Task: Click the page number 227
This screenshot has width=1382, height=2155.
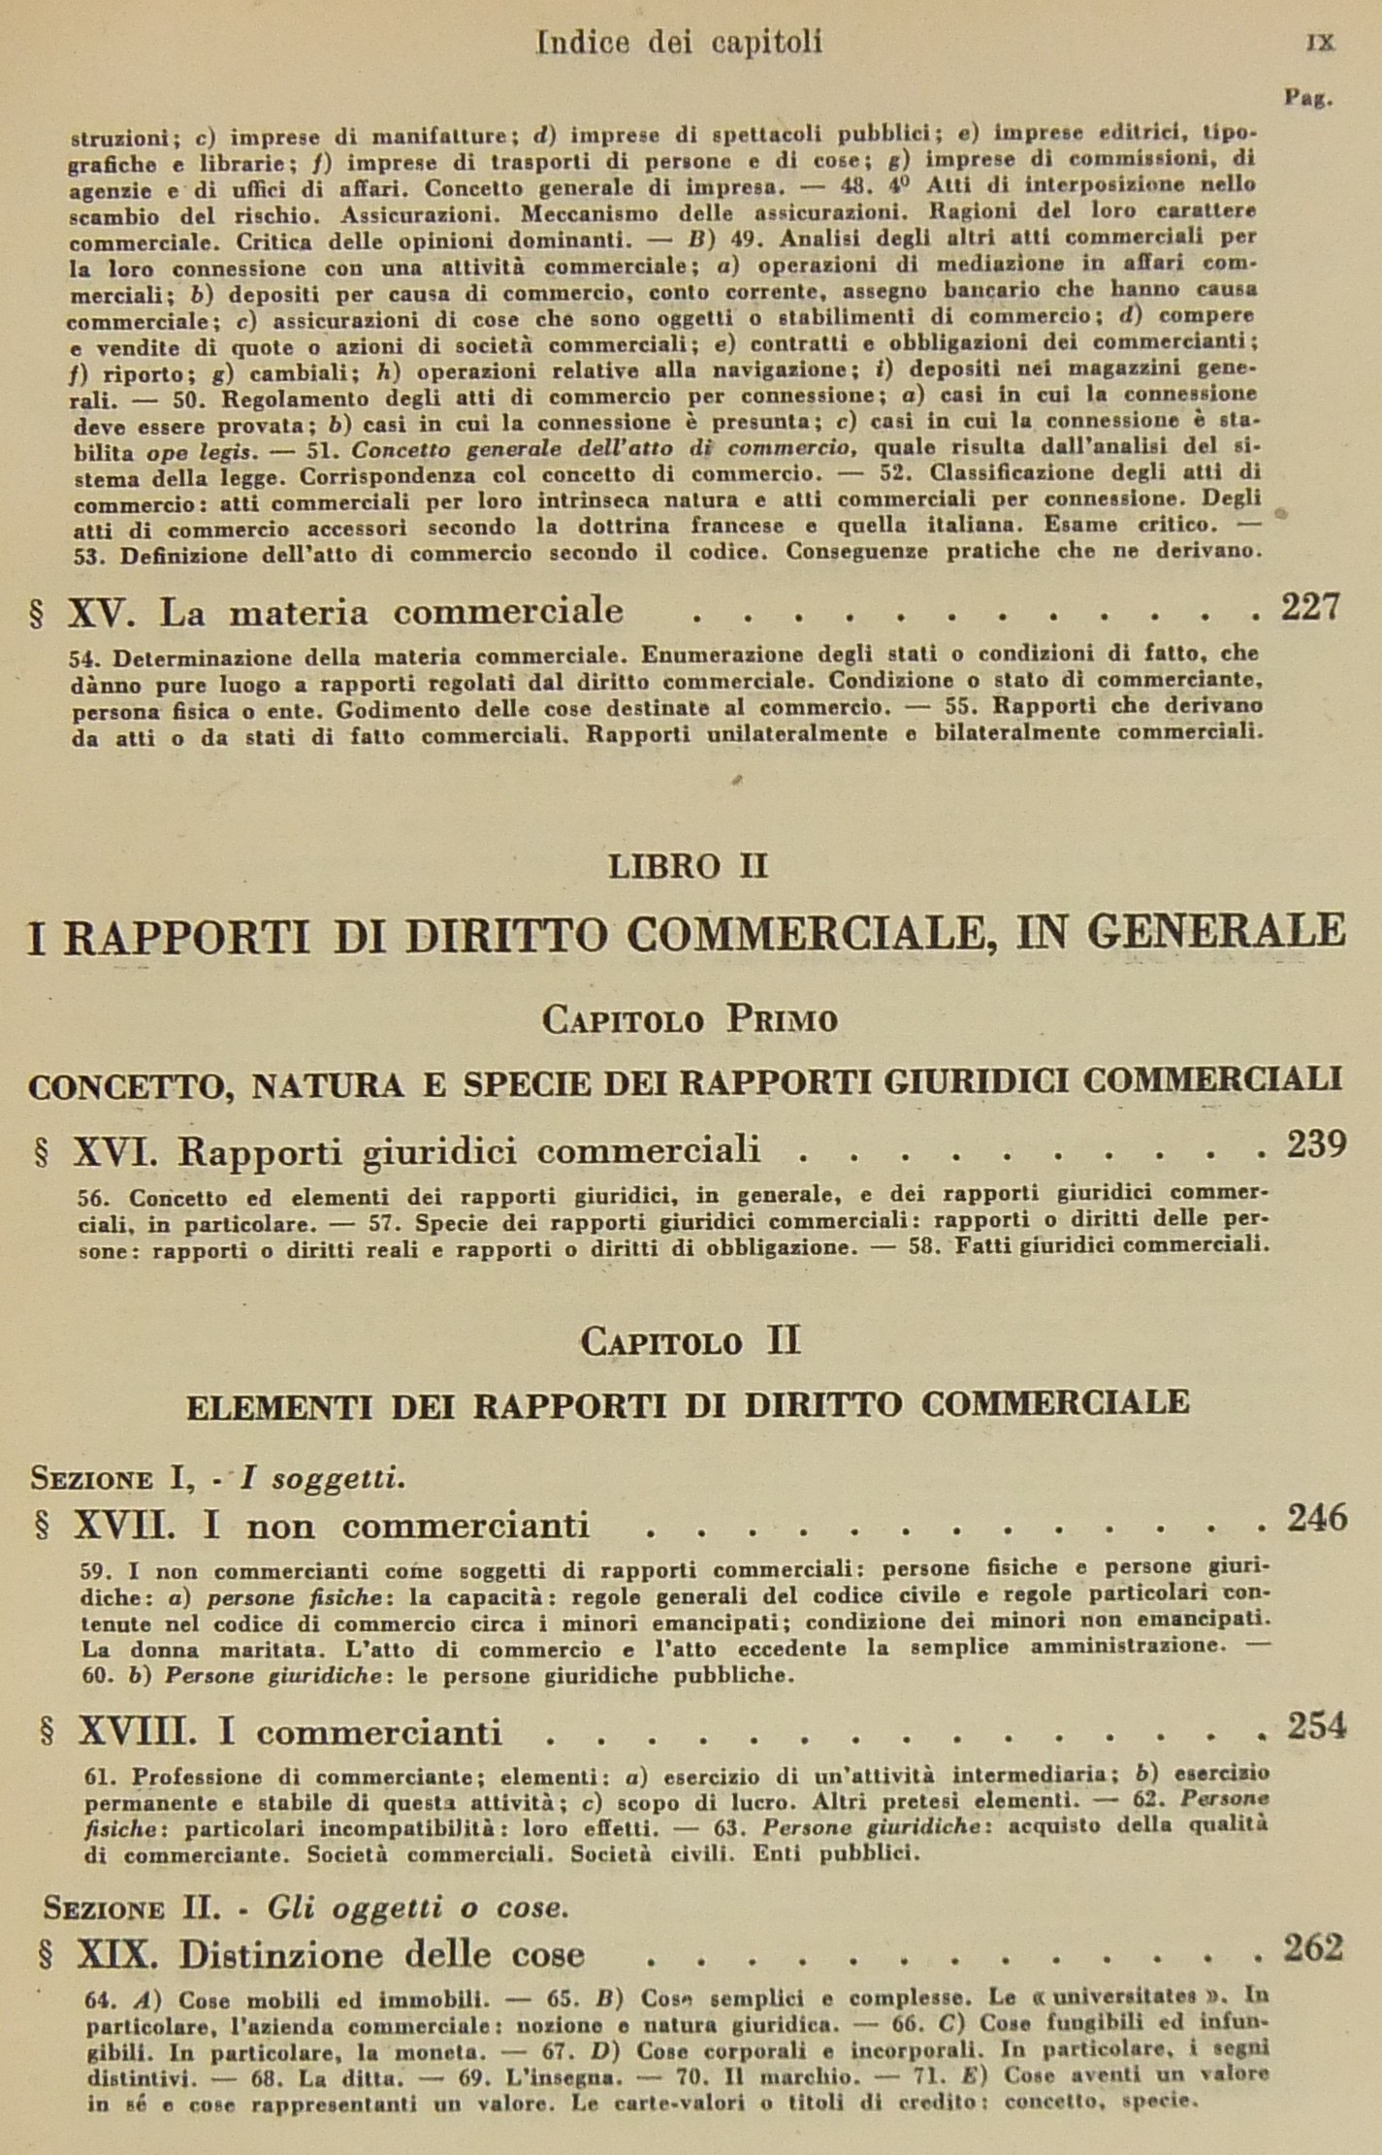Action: [x=1310, y=607]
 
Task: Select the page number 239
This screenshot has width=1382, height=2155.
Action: [x=1316, y=1145]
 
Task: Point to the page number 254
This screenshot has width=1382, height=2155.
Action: [x=1317, y=1725]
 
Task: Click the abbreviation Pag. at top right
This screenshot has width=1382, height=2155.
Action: [x=1309, y=98]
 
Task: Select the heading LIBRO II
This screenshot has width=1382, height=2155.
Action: [x=688, y=865]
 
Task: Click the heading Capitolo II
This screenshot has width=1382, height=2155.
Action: [x=690, y=1341]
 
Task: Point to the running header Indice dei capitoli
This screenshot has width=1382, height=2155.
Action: [x=679, y=42]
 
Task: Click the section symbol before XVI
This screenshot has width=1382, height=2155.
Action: [x=42, y=1152]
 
